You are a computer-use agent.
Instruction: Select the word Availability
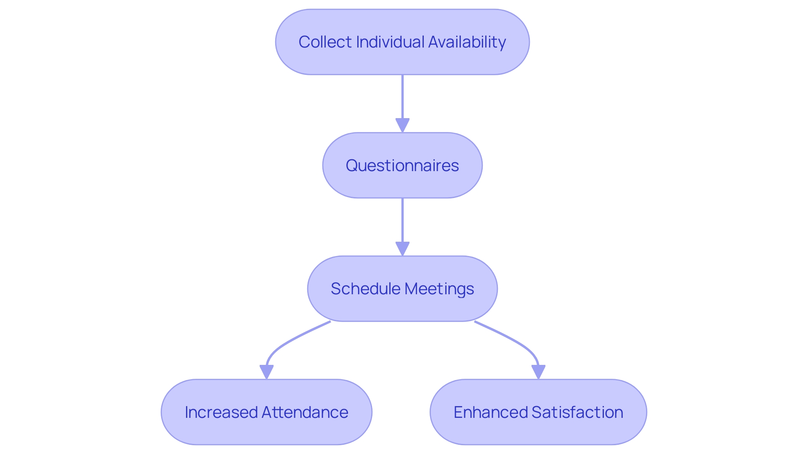coord(467,42)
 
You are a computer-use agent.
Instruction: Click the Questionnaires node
coord(402,165)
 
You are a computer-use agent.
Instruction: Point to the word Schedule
coord(365,289)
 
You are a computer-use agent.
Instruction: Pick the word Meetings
coord(439,289)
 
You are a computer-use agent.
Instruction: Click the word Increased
coord(221,412)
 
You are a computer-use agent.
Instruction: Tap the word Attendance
coord(305,412)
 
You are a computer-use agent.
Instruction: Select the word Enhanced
coord(490,412)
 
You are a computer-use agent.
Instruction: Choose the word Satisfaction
coord(577,412)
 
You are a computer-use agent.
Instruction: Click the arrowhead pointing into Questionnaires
coord(402,125)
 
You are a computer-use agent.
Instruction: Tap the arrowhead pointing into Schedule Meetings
coord(402,248)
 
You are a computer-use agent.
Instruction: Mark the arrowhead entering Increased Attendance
coord(266,372)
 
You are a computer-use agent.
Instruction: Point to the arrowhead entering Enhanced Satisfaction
coord(538,372)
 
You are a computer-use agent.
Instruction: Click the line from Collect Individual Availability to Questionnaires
coord(402,97)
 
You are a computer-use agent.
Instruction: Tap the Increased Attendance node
coord(266,433)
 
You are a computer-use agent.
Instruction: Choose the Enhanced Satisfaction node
coord(538,433)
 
